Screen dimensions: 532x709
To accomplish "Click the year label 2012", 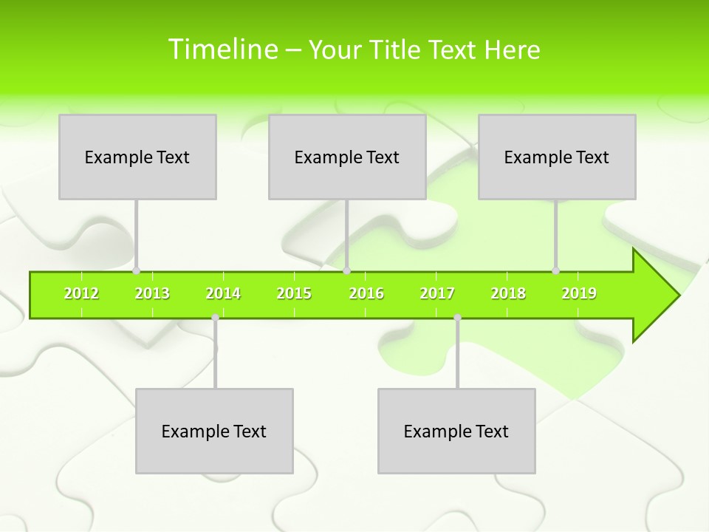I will pos(81,294).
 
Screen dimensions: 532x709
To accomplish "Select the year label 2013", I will pos(152,294).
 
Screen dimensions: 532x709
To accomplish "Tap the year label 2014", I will pos(223,294).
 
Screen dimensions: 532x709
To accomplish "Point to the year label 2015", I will pos(294,294).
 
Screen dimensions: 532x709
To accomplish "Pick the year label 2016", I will pos(366,294).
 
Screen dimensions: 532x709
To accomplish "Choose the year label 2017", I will pos(437,294).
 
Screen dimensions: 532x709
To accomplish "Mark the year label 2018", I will pos(508,294).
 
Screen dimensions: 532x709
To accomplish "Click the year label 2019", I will pos(579,294).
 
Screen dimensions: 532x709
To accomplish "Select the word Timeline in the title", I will pos(222,50).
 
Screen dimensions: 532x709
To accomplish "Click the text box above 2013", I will pos(137,157).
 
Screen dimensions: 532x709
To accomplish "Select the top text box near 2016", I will pos(347,157).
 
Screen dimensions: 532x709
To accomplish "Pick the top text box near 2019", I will pos(557,157).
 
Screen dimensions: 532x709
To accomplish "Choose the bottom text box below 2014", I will pos(214,431).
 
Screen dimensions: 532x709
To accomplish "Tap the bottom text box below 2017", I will pos(456,431).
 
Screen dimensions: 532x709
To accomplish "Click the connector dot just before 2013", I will pos(136,271).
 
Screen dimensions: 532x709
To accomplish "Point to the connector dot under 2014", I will pos(215,318).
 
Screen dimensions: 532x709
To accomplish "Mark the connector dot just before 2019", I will pos(555,271).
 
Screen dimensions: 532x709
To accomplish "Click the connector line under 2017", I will pos(457,355).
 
